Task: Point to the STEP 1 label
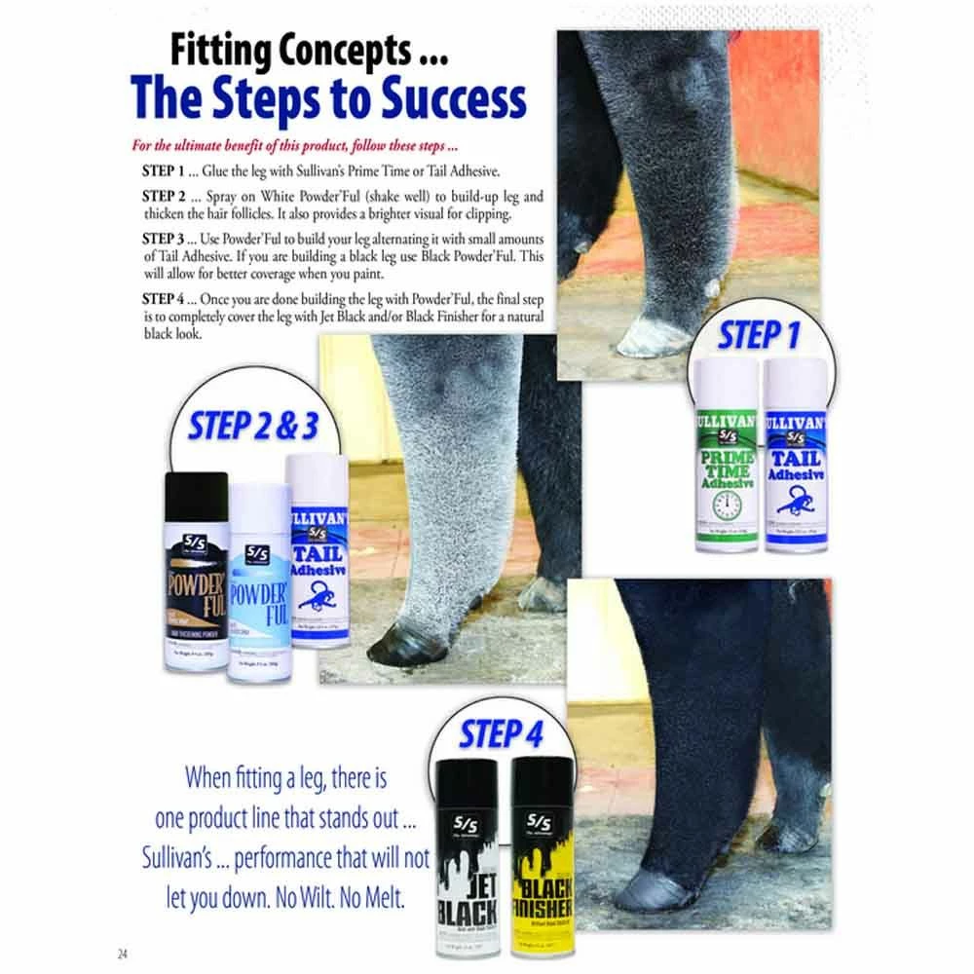click(x=760, y=335)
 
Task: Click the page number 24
click(x=123, y=952)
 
